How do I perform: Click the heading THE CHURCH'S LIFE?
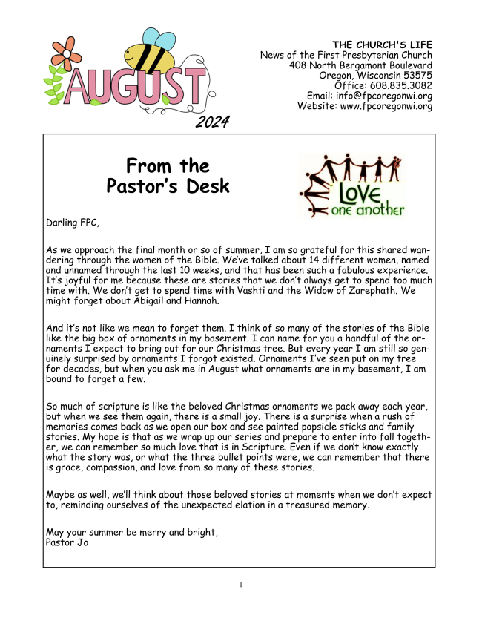[x=383, y=45]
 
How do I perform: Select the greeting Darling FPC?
[x=72, y=222]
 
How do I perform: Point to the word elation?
[x=274, y=505]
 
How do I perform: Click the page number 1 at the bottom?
[x=241, y=585]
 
